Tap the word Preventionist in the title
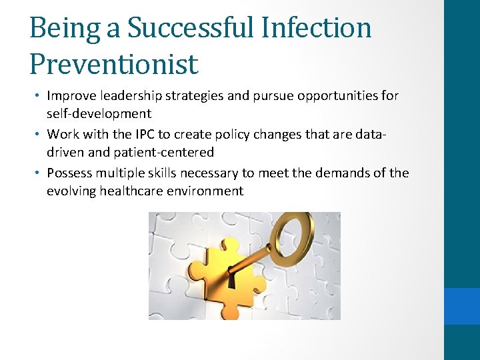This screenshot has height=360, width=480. pyautogui.click(x=114, y=64)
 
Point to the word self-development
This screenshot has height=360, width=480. pyautogui.click(x=99, y=113)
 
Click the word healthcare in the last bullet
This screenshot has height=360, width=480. pyautogui.click(x=131, y=191)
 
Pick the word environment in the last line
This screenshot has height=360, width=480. pyautogui.click(x=205, y=191)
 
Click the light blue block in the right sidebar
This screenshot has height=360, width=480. pyautogui.click(x=461, y=306)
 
